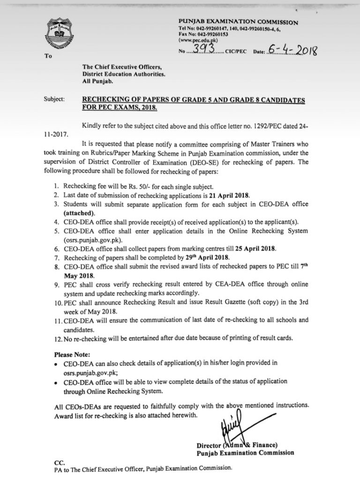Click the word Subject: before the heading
coord(55,100)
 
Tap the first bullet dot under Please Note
coord(57,363)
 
